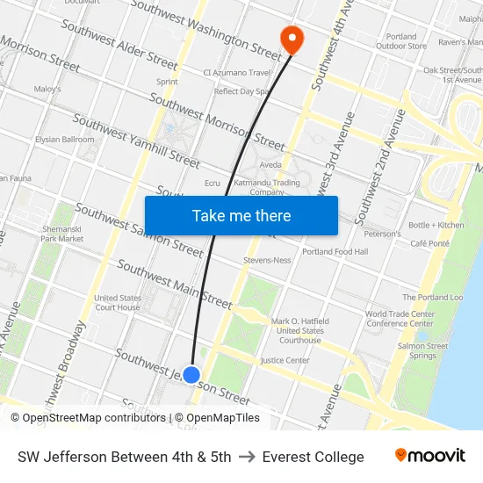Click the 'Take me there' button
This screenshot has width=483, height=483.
(x=241, y=216)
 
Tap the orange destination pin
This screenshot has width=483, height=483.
(x=290, y=39)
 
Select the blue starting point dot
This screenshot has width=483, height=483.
(x=191, y=375)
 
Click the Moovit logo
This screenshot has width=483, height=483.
(x=430, y=457)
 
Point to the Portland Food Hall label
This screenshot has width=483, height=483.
(x=335, y=252)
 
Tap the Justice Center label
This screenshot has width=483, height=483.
(x=285, y=360)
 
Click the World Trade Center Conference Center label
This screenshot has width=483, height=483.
(x=400, y=318)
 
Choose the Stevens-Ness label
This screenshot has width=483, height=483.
(x=267, y=261)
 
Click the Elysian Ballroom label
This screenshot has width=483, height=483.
(x=64, y=140)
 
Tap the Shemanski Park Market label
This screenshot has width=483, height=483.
(x=62, y=234)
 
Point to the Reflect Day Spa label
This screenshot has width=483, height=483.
(x=241, y=91)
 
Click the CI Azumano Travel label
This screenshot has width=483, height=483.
(x=237, y=73)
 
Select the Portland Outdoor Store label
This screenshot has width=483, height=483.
(x=401, y=41)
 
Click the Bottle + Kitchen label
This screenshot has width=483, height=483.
(x=436, y=225)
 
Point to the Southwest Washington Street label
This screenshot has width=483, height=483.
(x=205, y=25)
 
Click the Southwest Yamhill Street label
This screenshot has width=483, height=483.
(x=136, y=141)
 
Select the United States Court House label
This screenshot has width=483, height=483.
(x=117, y=303)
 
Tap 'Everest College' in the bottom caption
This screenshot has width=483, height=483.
(x=313, y=457)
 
